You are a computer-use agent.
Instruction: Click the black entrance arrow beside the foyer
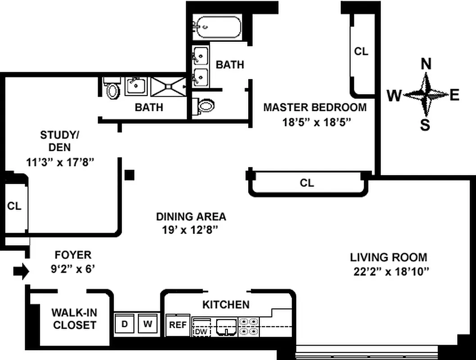pyautogui.click(x=21, y=271)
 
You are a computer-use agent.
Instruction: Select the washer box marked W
pyautogui.click(x=147, y=323)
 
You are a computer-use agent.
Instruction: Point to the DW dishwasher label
pyautogui.click(x=200, y=332)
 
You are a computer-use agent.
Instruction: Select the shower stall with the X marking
pyautogui.click(x=168, y=86)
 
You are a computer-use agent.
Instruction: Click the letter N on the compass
pyautogui.click(x=426, y=64)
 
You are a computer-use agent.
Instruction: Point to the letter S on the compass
pyautogui.click(x=425, y=125)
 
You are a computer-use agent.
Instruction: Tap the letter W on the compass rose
pyautogui.click(x=394, y=95)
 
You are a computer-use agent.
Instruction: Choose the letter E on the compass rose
pyautogui.click(x=454, y=95)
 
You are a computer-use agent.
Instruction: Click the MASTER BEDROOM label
pyautogui.click(x=315, y=108)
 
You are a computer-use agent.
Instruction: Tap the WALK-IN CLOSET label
pyautogui.click(x=74, y=319)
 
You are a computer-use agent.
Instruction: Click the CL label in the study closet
pyautogui.click(x=14, y=206)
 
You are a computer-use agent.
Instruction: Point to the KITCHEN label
pyautogui.click(x=226, y=305)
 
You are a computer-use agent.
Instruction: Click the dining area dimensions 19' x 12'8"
pyautogui.click(x=190, y=230)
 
